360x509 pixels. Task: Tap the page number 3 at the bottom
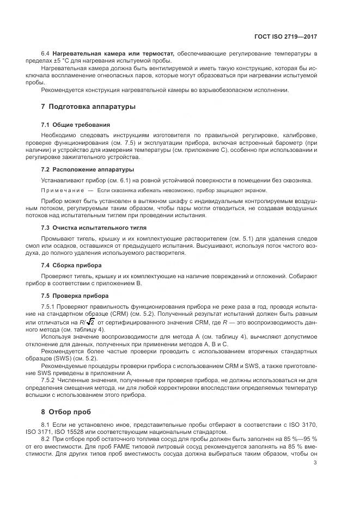(x=315, y=463)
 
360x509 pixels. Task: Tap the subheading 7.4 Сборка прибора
(x=71, y=265)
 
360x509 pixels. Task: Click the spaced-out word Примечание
(x=63, y=191)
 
